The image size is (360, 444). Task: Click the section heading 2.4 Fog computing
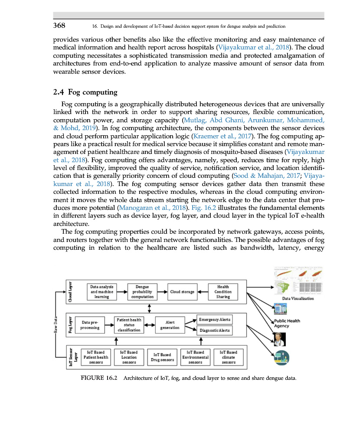85,92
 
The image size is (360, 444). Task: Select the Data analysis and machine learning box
101,292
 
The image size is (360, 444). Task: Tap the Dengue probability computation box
142,292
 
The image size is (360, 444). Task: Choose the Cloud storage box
182,292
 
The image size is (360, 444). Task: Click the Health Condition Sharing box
223,292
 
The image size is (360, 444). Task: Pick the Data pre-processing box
90,325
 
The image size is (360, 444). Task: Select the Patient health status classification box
129,325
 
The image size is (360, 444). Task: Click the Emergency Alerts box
214,320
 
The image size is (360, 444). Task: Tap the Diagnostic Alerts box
214,331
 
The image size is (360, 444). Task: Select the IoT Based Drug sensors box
162,357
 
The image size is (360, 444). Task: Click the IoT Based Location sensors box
129,357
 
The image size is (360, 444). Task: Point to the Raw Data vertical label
56,325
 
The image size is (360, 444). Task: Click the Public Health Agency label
287,323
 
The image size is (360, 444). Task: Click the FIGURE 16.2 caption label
99,378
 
